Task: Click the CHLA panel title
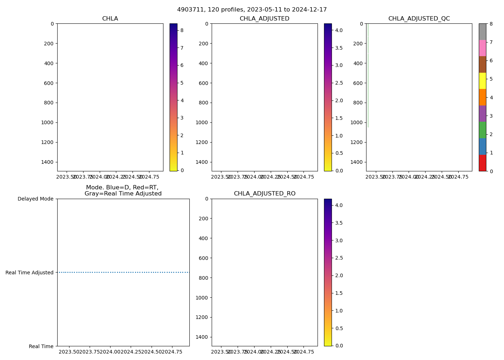110,19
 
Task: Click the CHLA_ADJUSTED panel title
264,19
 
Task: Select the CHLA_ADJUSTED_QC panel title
419,19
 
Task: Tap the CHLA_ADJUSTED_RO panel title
264,194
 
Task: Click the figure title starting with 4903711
252,10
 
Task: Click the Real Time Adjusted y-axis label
30,273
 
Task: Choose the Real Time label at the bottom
41,346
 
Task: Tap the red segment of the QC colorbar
482,163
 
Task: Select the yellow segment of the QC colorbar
482,81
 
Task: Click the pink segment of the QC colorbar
482,48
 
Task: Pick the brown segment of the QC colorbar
482,64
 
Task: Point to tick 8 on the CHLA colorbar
182,31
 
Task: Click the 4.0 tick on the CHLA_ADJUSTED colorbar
338,31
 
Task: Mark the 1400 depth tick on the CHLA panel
47,162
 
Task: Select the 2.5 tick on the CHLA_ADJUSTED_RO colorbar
338,258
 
